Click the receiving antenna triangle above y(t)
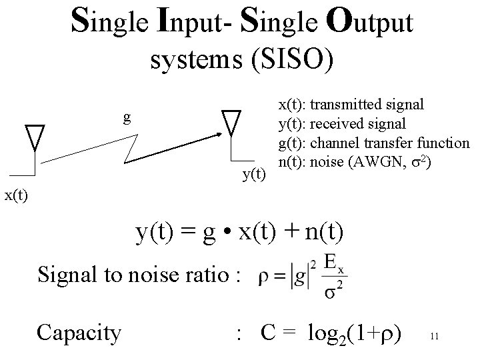231,121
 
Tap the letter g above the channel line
127,119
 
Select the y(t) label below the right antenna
253,175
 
